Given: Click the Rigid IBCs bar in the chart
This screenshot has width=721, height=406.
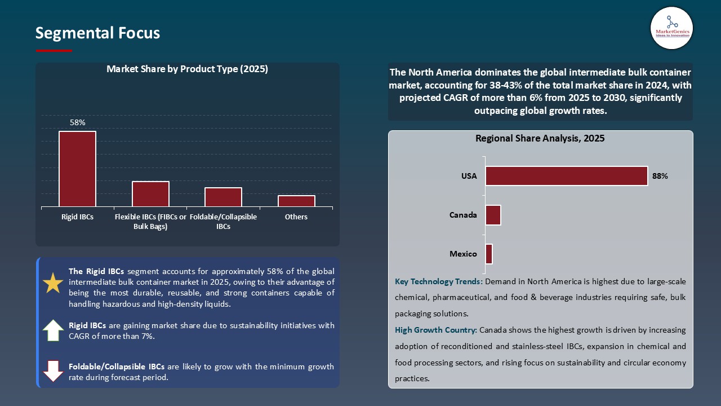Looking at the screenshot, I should (x=77, y=169).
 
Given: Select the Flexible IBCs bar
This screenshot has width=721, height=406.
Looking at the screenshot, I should (x=150, y=194).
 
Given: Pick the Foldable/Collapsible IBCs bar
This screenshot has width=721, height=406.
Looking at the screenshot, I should (x=223, y=197).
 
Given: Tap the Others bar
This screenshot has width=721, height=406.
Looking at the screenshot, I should (x=296, y=201).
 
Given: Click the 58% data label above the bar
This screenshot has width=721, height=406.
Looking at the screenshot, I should (x=77, y=122).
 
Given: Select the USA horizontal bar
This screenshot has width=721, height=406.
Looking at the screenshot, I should (x=566, y=176).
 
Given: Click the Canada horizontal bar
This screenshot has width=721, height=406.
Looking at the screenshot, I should (x=493, y=215).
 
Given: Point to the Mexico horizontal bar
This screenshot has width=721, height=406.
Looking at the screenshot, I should (x=489, y=254).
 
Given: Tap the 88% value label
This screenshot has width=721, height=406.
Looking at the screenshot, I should (x=660, y=176).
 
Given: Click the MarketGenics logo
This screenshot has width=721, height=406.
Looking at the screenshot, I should (x=671, y=28).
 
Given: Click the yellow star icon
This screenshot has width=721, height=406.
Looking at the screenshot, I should (x=53, y=283).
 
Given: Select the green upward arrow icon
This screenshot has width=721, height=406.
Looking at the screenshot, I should (x=53, y=330).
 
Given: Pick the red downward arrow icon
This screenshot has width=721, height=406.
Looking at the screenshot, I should (x=53, y=371).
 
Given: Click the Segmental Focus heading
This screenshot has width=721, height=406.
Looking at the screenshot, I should (x=97, y=33).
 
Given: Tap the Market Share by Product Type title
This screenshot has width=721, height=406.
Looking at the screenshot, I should (x=187, y=69).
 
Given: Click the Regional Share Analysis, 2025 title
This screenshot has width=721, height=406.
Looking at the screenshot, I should (x=540, y=138).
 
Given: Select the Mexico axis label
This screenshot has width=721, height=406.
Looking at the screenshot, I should (x=463, y=254).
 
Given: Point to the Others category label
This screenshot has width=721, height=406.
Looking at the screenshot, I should (x=296, y=217).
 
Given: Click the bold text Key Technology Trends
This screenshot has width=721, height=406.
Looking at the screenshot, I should (x=438, y=281).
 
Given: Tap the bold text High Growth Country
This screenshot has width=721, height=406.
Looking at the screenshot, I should (x=436, y=330).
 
